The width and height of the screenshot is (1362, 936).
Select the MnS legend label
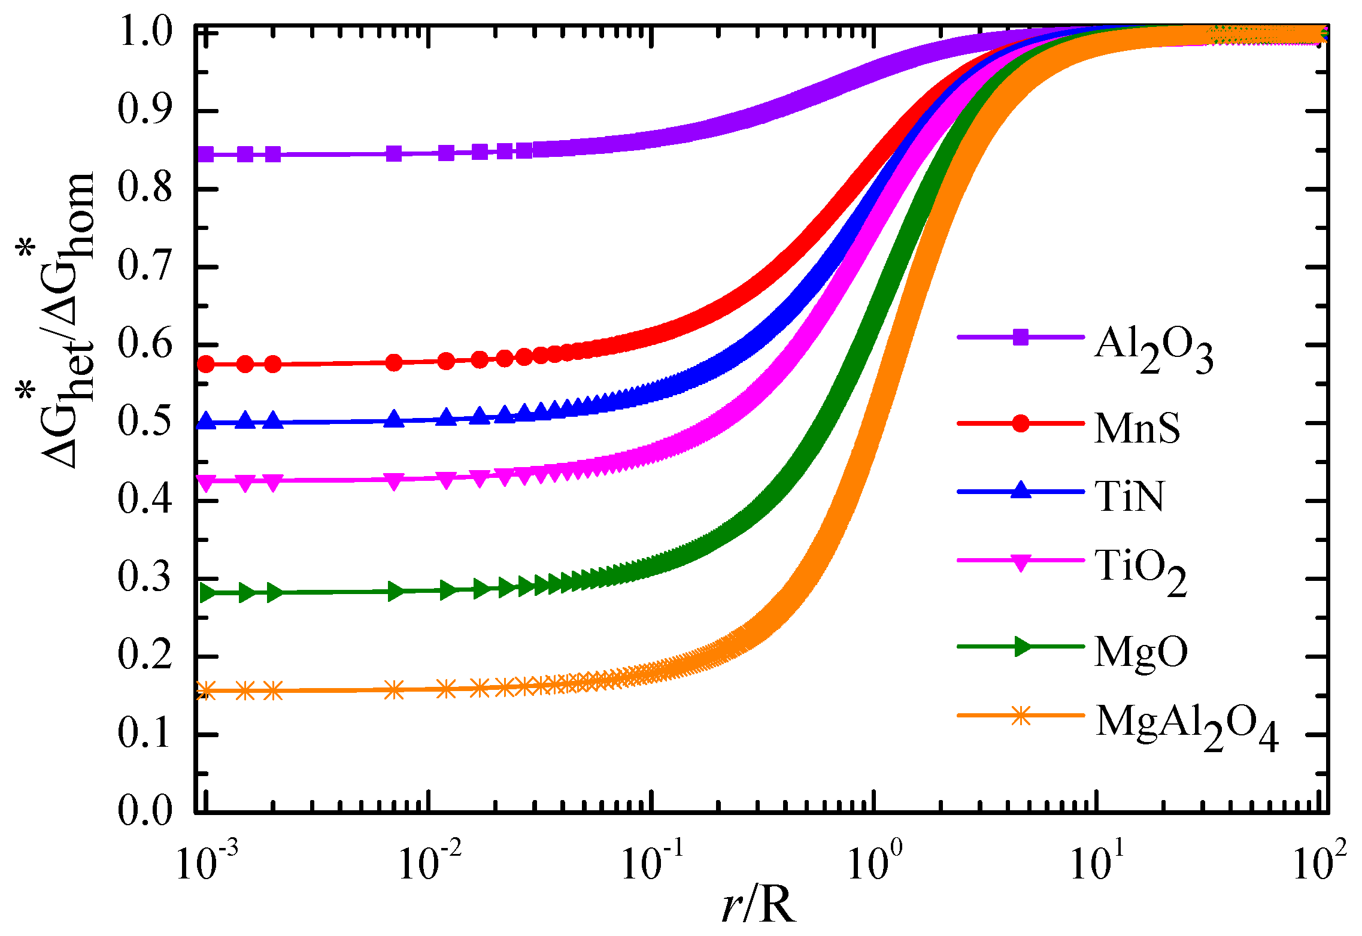coord(1137,428)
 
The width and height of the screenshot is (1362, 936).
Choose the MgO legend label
coord(1140,652)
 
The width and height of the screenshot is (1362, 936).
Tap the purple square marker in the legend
coord(1021,337)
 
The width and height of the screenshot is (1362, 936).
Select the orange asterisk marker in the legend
coord(1021,715)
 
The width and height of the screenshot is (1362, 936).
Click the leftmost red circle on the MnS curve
coord(206,364)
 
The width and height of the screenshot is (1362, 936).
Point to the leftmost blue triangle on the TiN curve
coord(206,421)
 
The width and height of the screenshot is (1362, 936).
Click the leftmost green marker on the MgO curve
coord(207,593)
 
